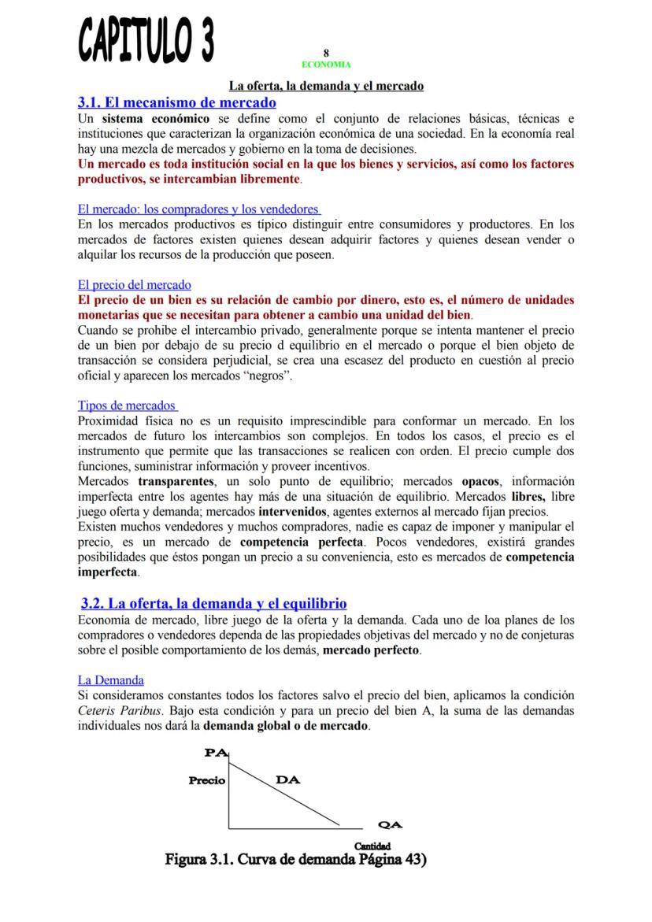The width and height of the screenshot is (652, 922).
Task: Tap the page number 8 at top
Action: click(326, 53)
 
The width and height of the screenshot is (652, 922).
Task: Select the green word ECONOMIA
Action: click(326, 65)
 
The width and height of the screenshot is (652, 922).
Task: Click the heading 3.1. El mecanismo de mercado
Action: click(176, 102)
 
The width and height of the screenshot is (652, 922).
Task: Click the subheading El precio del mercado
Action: click(134, 285)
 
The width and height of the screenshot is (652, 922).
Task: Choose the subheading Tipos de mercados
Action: click(126, 405)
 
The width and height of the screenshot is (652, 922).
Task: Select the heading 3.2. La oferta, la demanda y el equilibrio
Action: click(213, 604)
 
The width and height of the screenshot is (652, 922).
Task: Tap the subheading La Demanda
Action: click(110, 679)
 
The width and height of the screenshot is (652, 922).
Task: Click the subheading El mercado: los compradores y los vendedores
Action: click(198, 209)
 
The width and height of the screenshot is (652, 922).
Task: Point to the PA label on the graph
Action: click(214, 753)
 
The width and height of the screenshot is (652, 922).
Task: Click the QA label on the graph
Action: click(390, 825)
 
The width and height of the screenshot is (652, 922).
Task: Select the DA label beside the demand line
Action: click(287, 779)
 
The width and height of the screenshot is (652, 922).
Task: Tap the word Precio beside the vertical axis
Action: click(206, 781)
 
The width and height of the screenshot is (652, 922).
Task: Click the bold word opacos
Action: click(480, 481)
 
